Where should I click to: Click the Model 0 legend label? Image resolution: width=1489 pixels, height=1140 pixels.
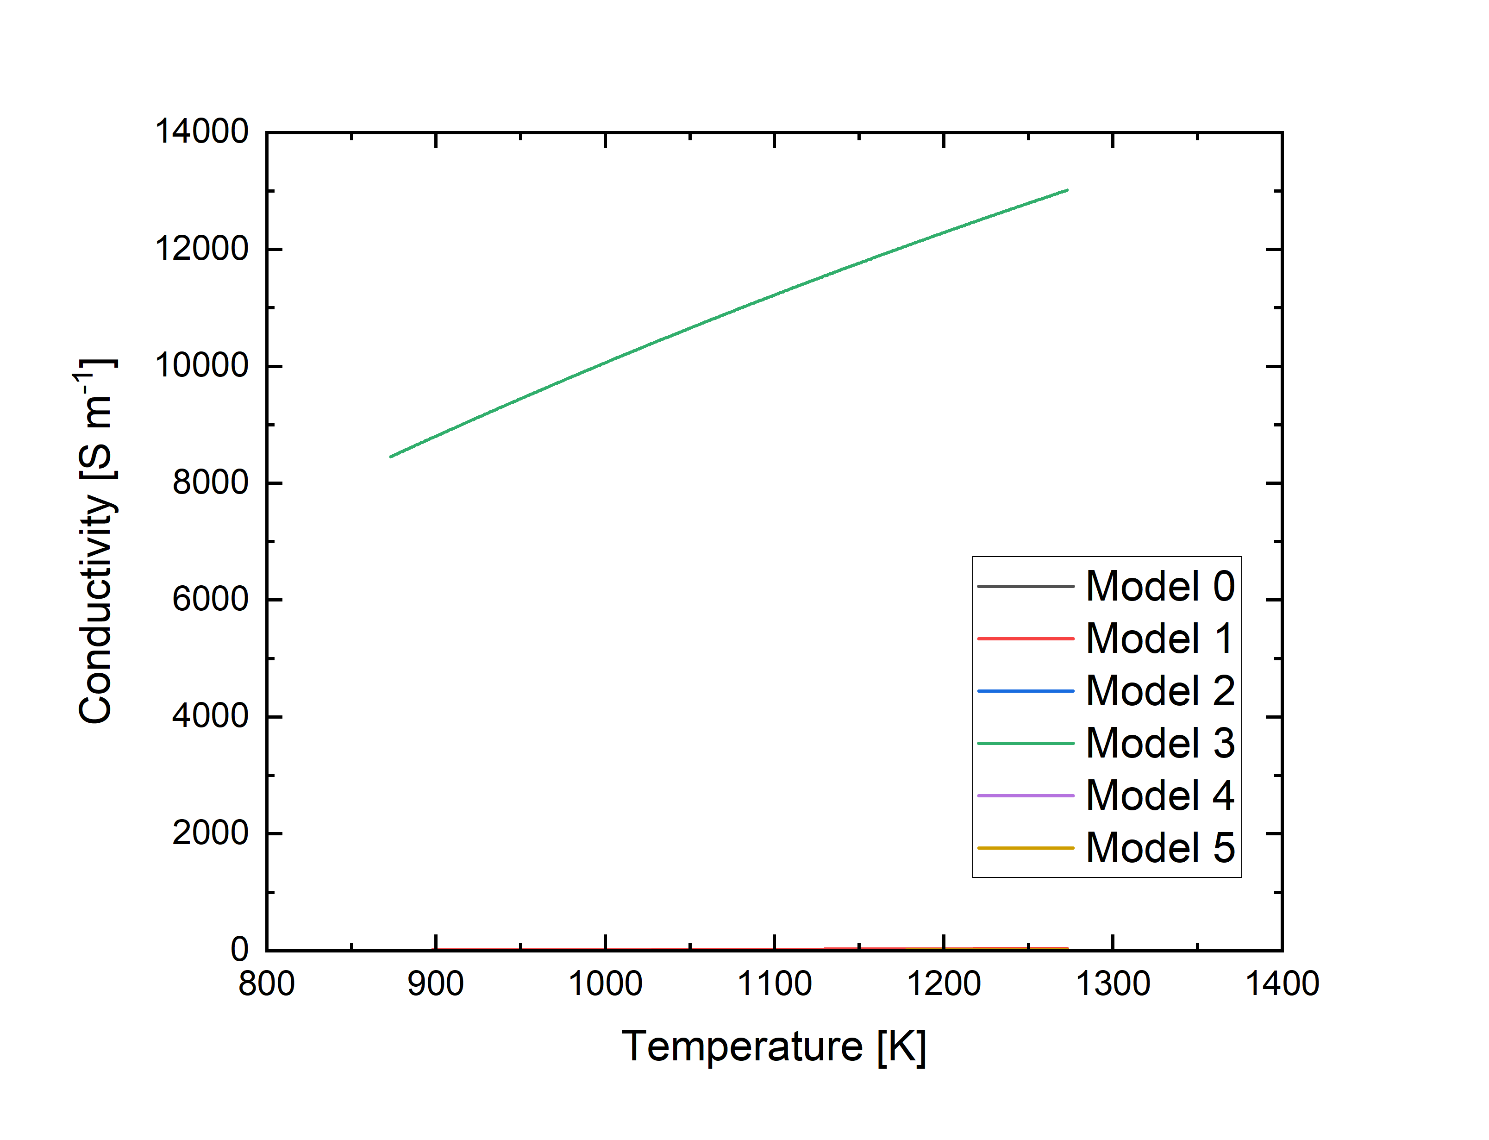(x=1159, y=586)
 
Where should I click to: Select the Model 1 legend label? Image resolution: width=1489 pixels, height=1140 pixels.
(x=1159, y=639)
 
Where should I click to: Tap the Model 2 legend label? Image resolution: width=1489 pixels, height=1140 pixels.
(x=1159, y=691)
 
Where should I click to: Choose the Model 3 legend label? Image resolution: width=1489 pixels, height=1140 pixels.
(x=1159, y=743)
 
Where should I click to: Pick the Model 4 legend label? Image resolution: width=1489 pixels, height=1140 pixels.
(x=1159, y=795)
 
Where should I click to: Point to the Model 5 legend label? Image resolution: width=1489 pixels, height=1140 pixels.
(x=1159, y=847)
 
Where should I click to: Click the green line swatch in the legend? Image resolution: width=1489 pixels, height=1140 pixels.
(x=1025, y=743)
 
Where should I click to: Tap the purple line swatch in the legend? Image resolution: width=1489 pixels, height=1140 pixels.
(x=1025, y=795)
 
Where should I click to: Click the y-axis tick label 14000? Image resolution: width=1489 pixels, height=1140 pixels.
(x=201, y=132)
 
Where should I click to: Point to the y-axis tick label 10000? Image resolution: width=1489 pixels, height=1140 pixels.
(x=201, y=366)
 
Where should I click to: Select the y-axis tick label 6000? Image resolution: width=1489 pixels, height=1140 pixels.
(x=210, y=600)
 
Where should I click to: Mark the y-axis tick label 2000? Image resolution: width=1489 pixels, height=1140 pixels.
(x=210, y=833)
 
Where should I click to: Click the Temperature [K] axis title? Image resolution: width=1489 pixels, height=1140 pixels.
(x=774, y=1046)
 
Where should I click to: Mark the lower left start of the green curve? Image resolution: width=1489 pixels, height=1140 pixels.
(x=391, y=457)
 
